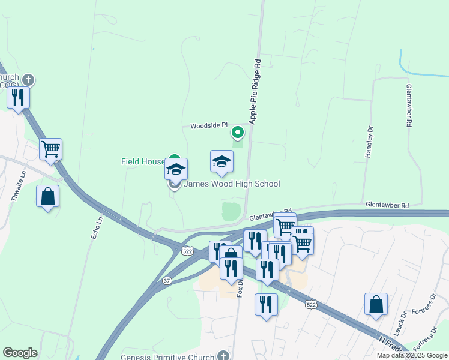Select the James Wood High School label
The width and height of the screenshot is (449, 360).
pos(231,184)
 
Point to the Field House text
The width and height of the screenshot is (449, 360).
pos(143,161)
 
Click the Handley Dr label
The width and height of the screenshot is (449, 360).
pos(369,142)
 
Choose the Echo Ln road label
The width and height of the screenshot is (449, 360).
pos(94,229)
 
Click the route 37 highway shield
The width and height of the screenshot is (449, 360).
pos(167,280)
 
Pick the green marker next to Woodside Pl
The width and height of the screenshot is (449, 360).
pos(238,132)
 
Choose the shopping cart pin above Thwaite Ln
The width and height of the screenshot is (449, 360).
pos(51,149)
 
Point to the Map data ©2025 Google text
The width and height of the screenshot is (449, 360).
pos(412,355)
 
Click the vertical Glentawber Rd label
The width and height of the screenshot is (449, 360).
pos(409,105)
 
